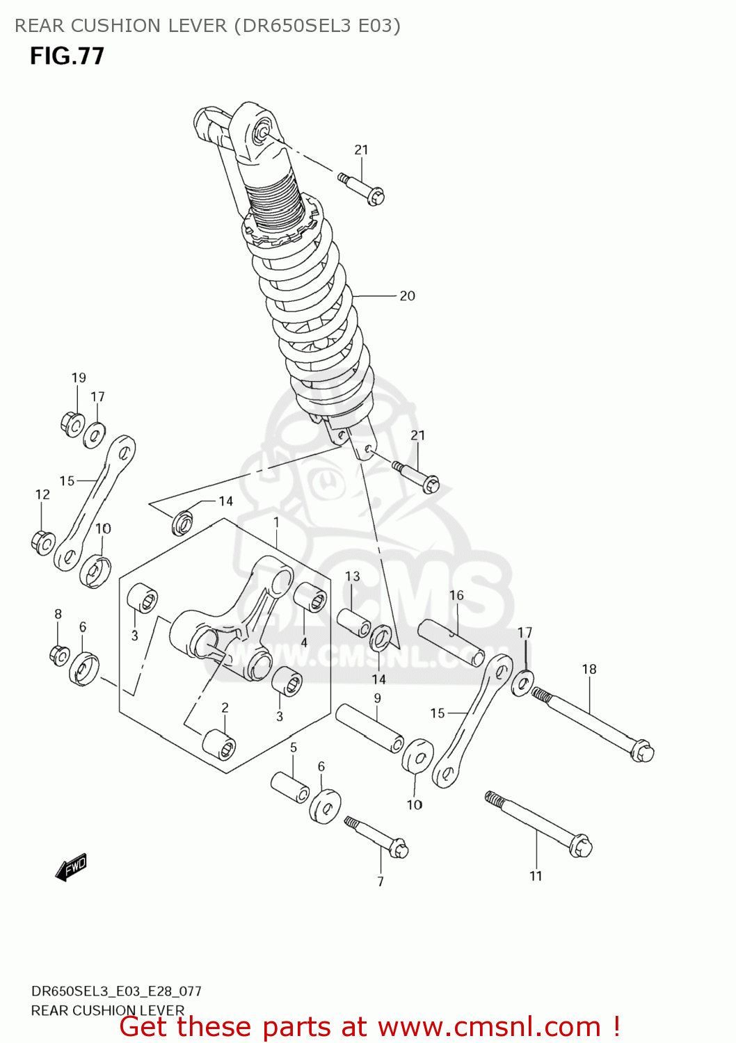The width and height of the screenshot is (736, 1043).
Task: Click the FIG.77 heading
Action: [x=67, y=56]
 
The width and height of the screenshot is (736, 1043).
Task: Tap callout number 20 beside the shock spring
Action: [x=407, y=296]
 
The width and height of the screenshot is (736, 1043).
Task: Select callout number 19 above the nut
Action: [x=79, y=378]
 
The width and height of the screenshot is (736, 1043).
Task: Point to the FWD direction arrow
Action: [x=71, y=867]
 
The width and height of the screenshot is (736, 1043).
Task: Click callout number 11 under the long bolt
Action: [x=536, y=876]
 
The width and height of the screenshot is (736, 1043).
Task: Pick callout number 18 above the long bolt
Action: [x=589, y=669]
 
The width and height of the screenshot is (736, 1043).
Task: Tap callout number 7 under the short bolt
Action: [x=381, y=882]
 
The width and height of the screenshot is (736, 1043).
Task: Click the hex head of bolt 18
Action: [x=642, y=752]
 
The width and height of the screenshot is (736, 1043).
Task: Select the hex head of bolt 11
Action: [x=580, y=846]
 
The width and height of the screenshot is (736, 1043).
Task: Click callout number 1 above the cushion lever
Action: [x=276, y=521]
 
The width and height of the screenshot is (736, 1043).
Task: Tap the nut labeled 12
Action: [x=43, y=542]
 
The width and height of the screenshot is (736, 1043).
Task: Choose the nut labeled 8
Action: [x=60, y=654]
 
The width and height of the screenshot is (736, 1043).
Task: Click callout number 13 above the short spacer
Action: [x=353, y=576]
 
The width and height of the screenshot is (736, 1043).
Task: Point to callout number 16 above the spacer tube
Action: [x=456, y=595]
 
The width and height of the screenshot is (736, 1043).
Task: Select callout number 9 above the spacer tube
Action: [x=377, y=698]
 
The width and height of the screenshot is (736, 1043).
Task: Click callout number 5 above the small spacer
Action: [x=294, y=747]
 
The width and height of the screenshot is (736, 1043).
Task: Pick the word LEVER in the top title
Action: [x=197, y=26]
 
